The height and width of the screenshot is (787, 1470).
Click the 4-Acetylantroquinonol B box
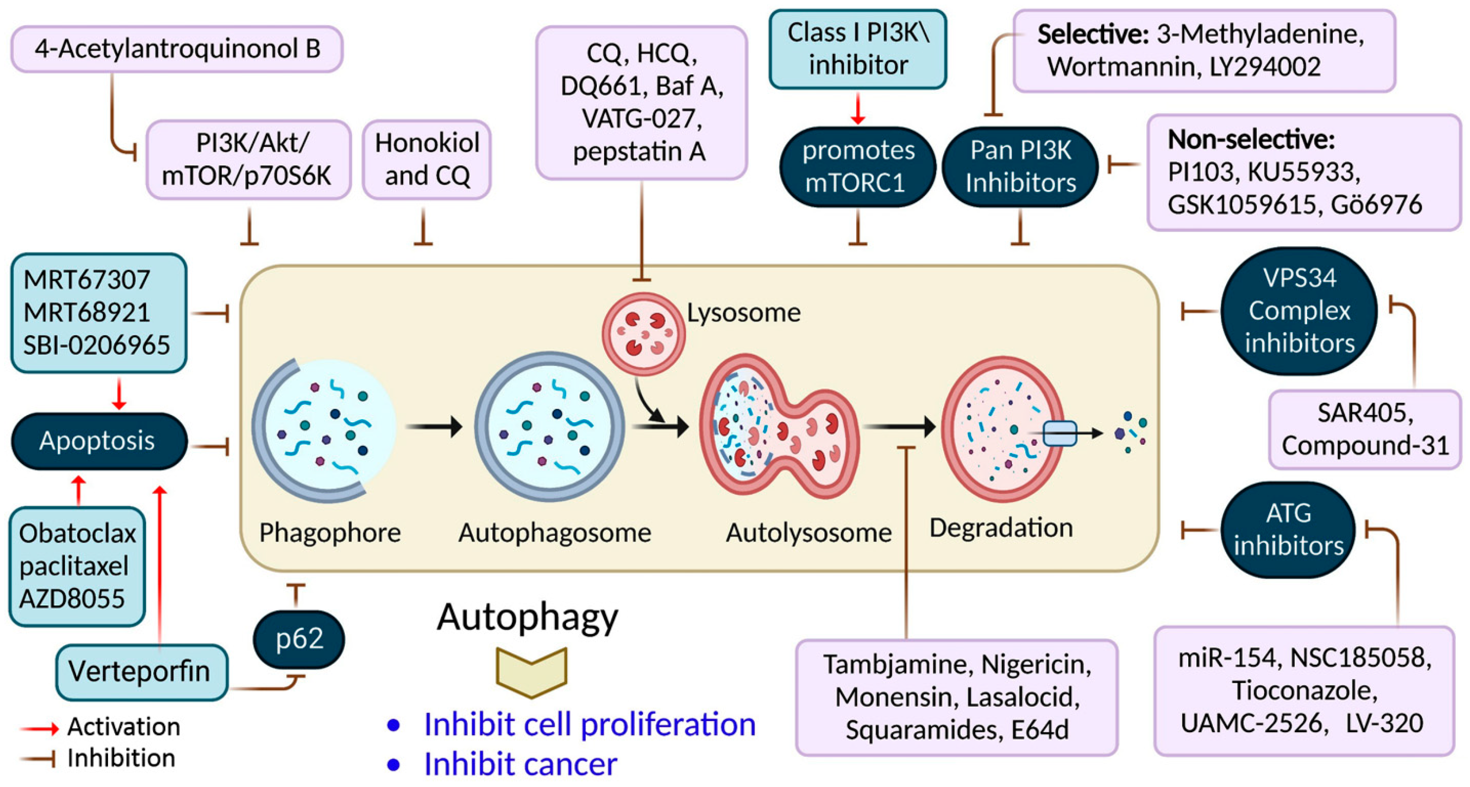[x=177, y=49]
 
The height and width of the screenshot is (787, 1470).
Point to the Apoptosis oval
[x=98, y=441]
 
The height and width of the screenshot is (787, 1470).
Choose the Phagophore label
[x=330, y=533]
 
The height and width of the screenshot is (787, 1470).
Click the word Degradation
[x=1001, y=528]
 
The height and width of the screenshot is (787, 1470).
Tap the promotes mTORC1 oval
[x=858, y=166]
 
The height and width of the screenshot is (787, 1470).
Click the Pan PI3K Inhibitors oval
[x=1020, y=166]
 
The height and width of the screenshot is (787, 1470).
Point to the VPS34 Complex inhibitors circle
[x=1299, y=311]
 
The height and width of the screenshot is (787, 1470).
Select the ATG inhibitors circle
[x=1288, y=530]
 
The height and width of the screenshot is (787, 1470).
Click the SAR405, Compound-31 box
[x=1365, y=429]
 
